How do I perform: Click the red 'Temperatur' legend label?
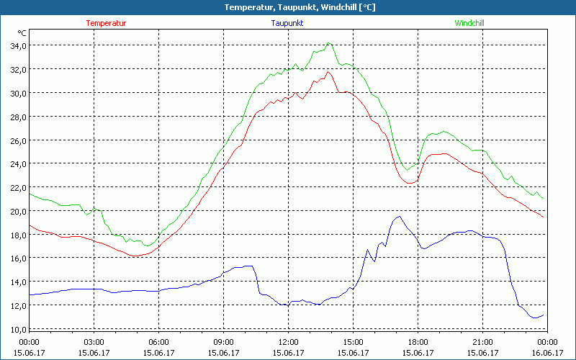point(106,23)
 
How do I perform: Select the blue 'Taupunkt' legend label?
point(287,23)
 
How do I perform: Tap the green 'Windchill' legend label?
point(469,23)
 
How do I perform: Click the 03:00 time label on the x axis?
point(94,342)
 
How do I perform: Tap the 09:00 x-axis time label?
point(223,342)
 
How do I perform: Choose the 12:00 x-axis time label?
point(288,342)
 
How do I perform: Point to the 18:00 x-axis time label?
point(418,342)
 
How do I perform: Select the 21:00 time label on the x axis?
point(482,342)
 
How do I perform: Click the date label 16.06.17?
point(547,352)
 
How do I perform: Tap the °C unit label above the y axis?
point(22,33)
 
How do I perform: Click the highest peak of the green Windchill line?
point(329,43)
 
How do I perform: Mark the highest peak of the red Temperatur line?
point(328,71)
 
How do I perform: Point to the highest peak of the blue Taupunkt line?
point(399,216)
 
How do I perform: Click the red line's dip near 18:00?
point(410,183)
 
